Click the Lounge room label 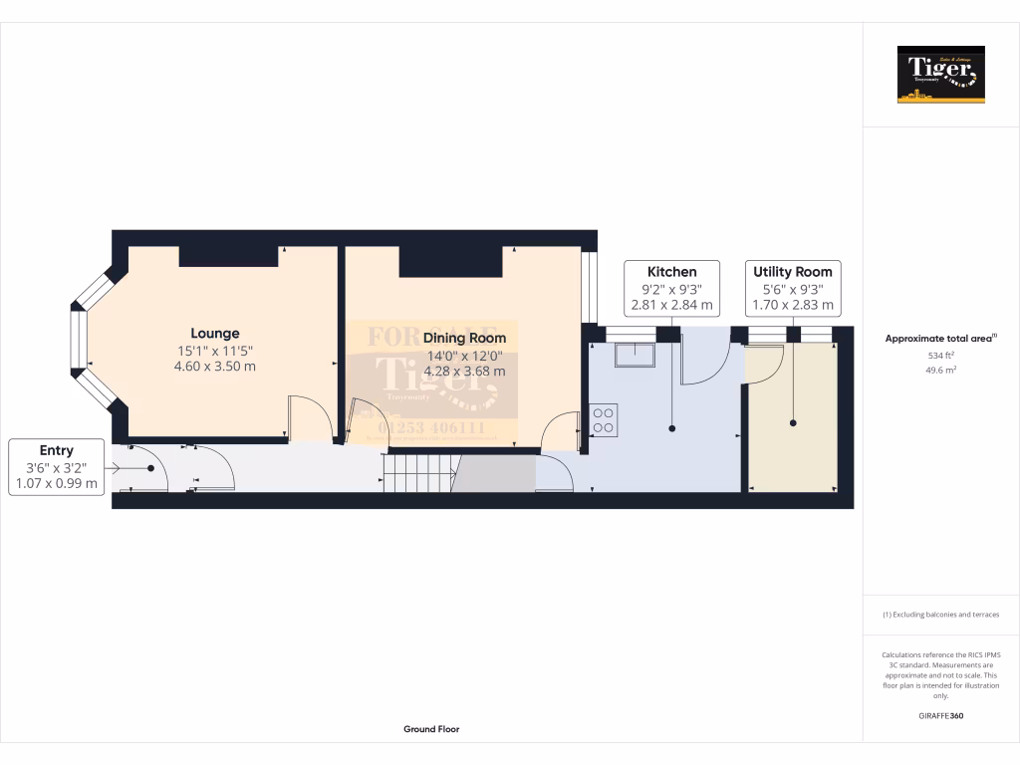coord(215,333)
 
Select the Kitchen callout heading coord(671,271)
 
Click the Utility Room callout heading coord(793,271)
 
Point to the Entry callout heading coord(57,450)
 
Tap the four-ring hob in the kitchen coord(604,418)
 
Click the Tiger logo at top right coord(940,74)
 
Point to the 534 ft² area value coord(940,355)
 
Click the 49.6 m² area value coord(940,370)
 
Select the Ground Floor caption coord(431,729)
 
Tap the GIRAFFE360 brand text coord(940,715)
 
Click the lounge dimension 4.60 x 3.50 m coord(215,366)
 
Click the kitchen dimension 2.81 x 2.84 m coord(671,305)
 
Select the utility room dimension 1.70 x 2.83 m coord(793,305)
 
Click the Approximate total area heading coord(940,339)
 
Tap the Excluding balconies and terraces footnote coord(940,615)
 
